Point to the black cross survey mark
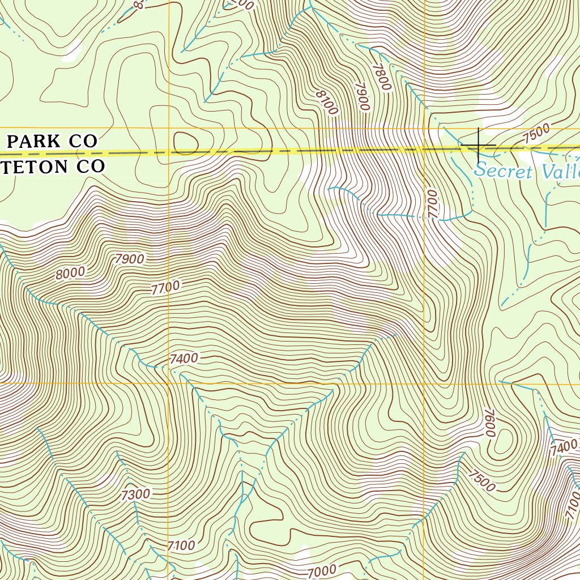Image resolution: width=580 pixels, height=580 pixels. pos(479,144)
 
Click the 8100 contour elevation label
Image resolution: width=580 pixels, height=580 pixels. pos(327,102)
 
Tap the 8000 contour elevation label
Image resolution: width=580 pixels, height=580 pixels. pos(70,272)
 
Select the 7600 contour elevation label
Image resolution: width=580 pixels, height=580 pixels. pos(488,423)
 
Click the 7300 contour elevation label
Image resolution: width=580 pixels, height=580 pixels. pos(136,494)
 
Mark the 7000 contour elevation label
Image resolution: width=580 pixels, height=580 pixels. pos(322,570)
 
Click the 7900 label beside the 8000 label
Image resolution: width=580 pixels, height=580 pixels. pos(129,259)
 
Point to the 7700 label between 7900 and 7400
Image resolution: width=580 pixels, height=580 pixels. pos(165,288)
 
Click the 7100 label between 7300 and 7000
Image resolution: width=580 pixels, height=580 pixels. pos(181,546)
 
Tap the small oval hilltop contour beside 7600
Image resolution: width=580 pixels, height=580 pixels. pos(505,440)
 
